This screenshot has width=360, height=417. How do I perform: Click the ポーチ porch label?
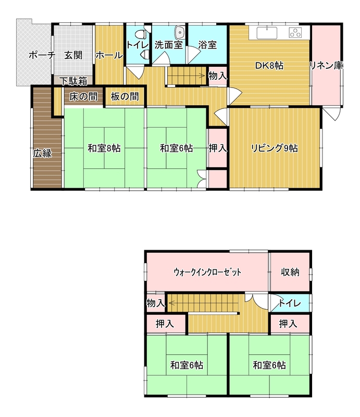(42, 56)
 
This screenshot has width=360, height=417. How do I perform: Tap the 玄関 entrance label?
(73, 56)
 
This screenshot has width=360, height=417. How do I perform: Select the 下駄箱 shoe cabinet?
(73, 81)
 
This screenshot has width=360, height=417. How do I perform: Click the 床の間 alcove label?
(83, 96)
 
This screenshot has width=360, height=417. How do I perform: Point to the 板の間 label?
(125, 96)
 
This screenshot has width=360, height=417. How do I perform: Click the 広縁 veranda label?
(42, 153)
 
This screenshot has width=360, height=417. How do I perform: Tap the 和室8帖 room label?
(104, 148)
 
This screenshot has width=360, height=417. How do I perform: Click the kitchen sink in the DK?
(267, 33)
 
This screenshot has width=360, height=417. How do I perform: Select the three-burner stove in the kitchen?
(295, 32)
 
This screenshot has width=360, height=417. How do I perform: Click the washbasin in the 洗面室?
(180, 33)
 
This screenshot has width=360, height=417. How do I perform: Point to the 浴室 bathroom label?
(207, 45)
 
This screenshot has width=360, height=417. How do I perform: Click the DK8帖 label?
(269, 66)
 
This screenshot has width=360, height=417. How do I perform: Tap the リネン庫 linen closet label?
(327, 66)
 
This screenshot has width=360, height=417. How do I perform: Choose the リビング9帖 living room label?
(275, 148)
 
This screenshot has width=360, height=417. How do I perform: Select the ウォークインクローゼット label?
(207, 272)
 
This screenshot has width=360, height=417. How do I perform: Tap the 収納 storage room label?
(290, 272)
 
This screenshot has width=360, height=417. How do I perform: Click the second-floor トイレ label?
(289, 303)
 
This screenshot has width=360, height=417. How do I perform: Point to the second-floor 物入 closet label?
(156, 303)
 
